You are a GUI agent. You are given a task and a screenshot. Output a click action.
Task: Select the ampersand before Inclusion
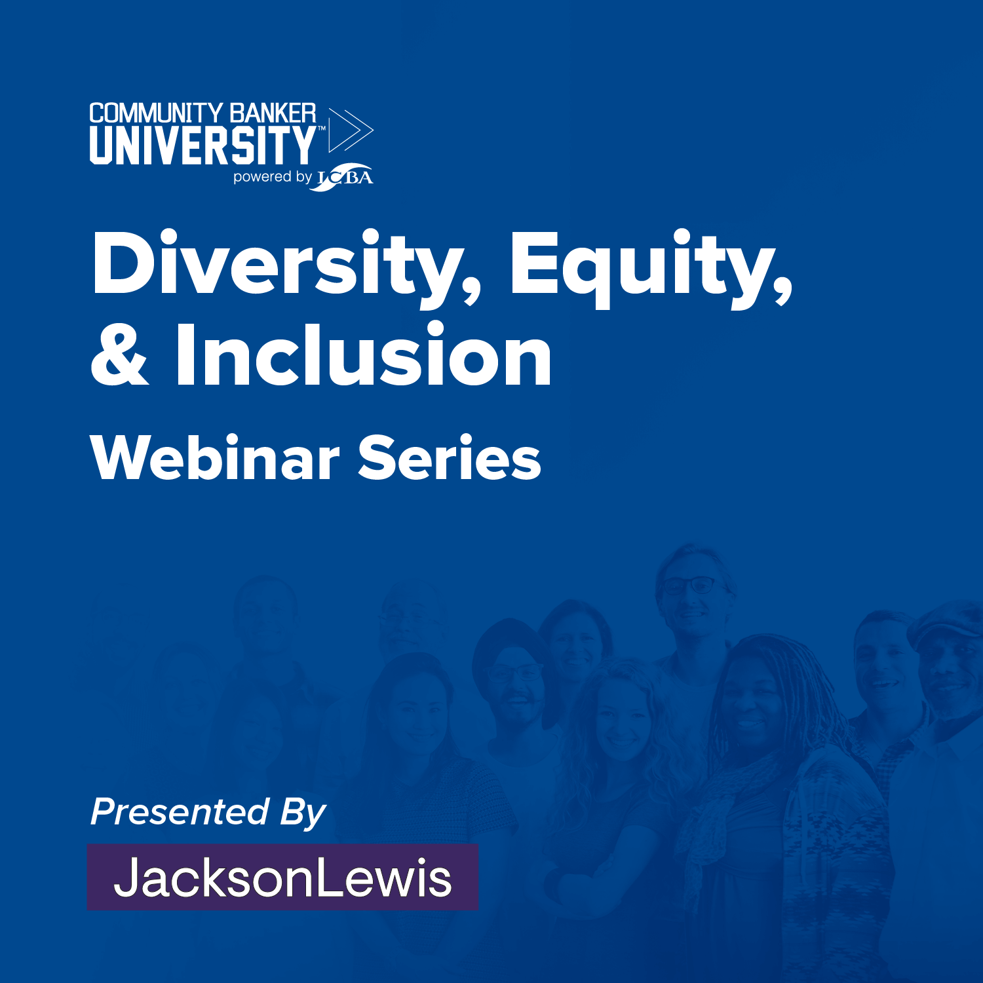(120, 355)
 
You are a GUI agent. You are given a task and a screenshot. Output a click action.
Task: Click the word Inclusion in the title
(363, 353)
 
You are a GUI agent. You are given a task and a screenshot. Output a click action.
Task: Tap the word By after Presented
(303, 813)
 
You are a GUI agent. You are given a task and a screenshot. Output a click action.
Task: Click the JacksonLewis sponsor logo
(282, 877)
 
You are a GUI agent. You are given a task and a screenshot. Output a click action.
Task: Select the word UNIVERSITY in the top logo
(203, 145)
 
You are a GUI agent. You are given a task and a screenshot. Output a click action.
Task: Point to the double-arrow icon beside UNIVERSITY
(350, 130)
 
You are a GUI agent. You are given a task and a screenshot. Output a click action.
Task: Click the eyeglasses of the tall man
(692, 585)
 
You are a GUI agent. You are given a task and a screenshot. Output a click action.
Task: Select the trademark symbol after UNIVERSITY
(321, 129)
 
